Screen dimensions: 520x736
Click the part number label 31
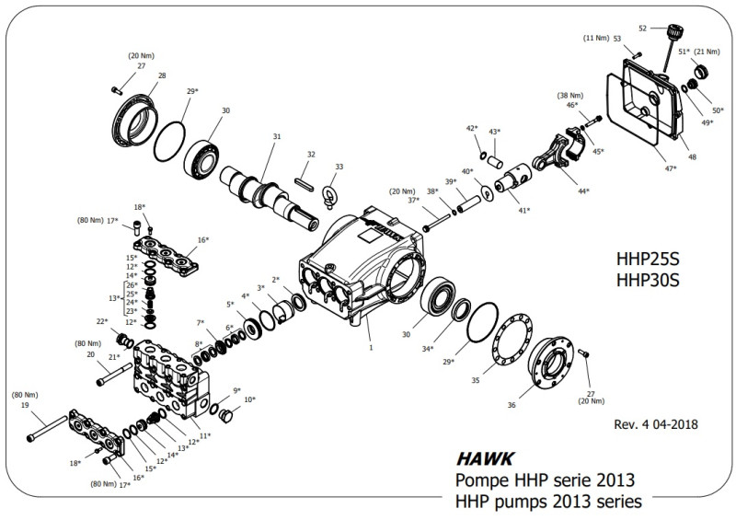275,137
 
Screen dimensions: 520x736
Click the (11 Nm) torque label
597,38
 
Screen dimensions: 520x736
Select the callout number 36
512,405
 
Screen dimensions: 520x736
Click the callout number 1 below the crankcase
370,348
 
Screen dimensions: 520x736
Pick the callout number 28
162,75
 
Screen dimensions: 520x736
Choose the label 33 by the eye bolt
339,167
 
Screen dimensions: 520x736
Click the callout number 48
692,156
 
